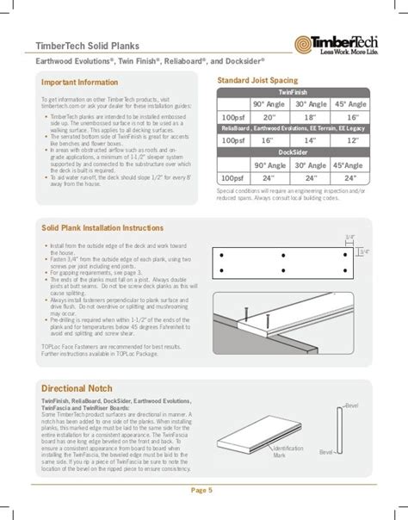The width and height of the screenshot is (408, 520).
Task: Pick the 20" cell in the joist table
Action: point(269,115)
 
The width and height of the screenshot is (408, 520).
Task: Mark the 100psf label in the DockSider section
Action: point(232,176)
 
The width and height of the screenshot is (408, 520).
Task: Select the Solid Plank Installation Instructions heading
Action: point(102,228)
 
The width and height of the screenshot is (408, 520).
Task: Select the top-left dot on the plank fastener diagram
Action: point(223,256)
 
